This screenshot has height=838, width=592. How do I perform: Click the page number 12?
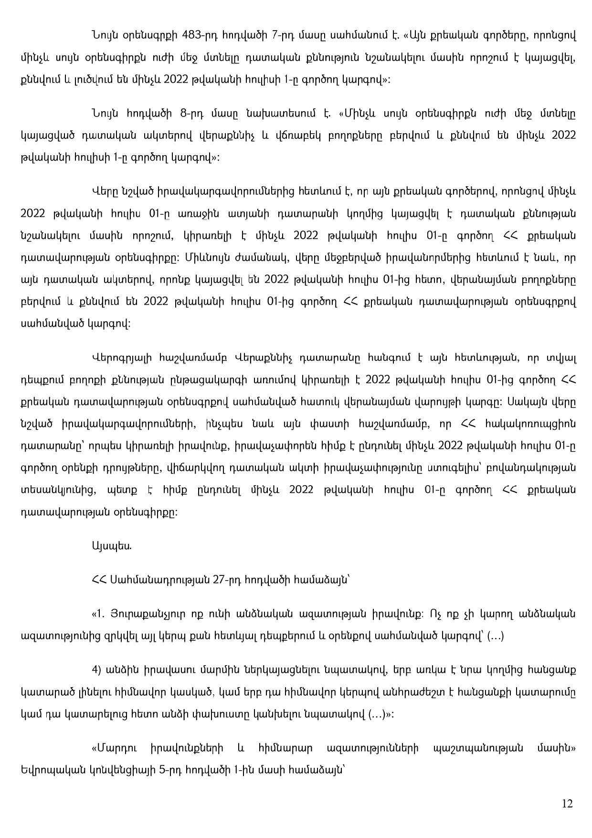click(567, 804)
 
